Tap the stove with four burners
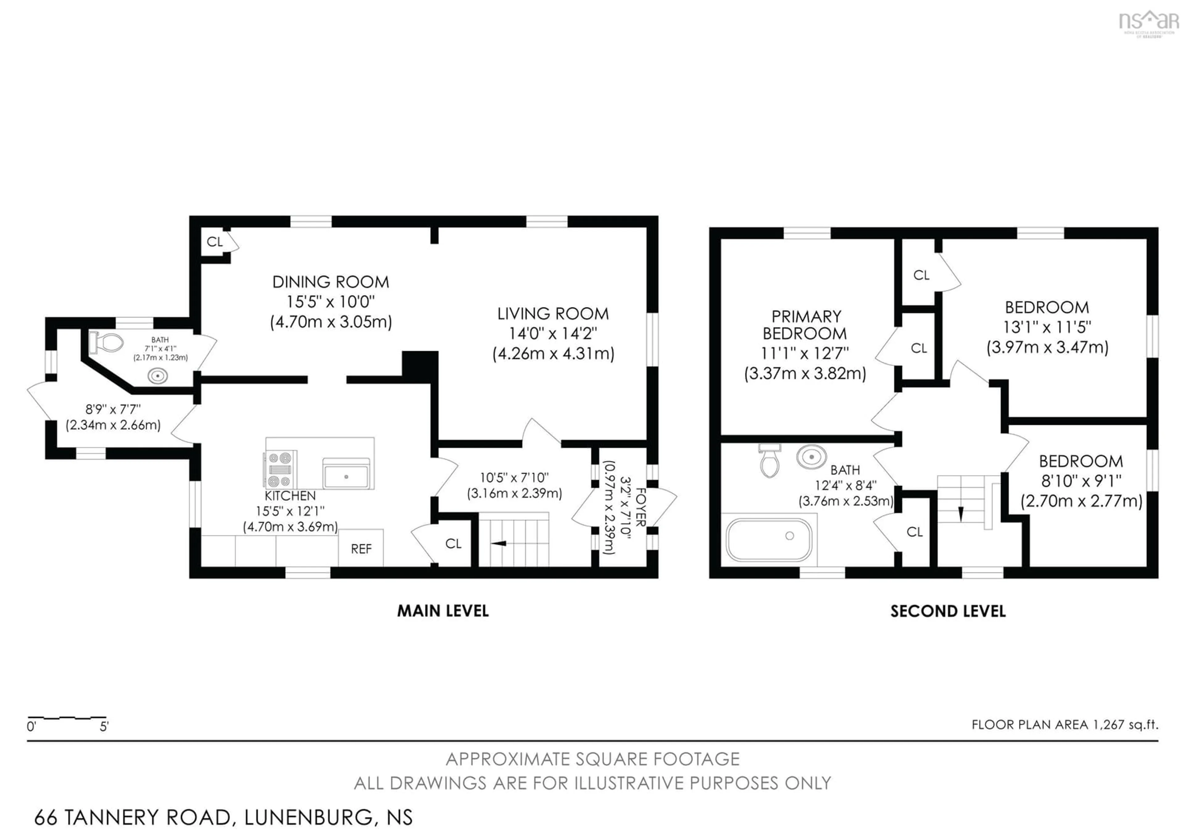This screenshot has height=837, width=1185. [280, 469]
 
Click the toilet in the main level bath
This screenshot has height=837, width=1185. [107, 342]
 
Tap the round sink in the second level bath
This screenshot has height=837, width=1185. [811, 457]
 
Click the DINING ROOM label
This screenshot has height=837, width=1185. [330, 282]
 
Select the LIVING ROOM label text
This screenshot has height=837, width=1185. [553, 314]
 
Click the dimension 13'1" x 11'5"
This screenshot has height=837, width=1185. [1047, 327]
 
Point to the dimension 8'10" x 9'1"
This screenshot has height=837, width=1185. [1081, 481]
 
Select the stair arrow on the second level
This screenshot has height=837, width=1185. [960, 513]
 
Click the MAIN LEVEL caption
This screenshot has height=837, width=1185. [442, 611]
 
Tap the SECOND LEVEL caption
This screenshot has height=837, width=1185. [948, 612]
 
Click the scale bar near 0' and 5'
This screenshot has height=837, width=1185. [67, 718]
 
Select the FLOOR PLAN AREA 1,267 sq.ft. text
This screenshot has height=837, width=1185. [1065, 724]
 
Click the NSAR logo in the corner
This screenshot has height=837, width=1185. [1148, 22]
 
